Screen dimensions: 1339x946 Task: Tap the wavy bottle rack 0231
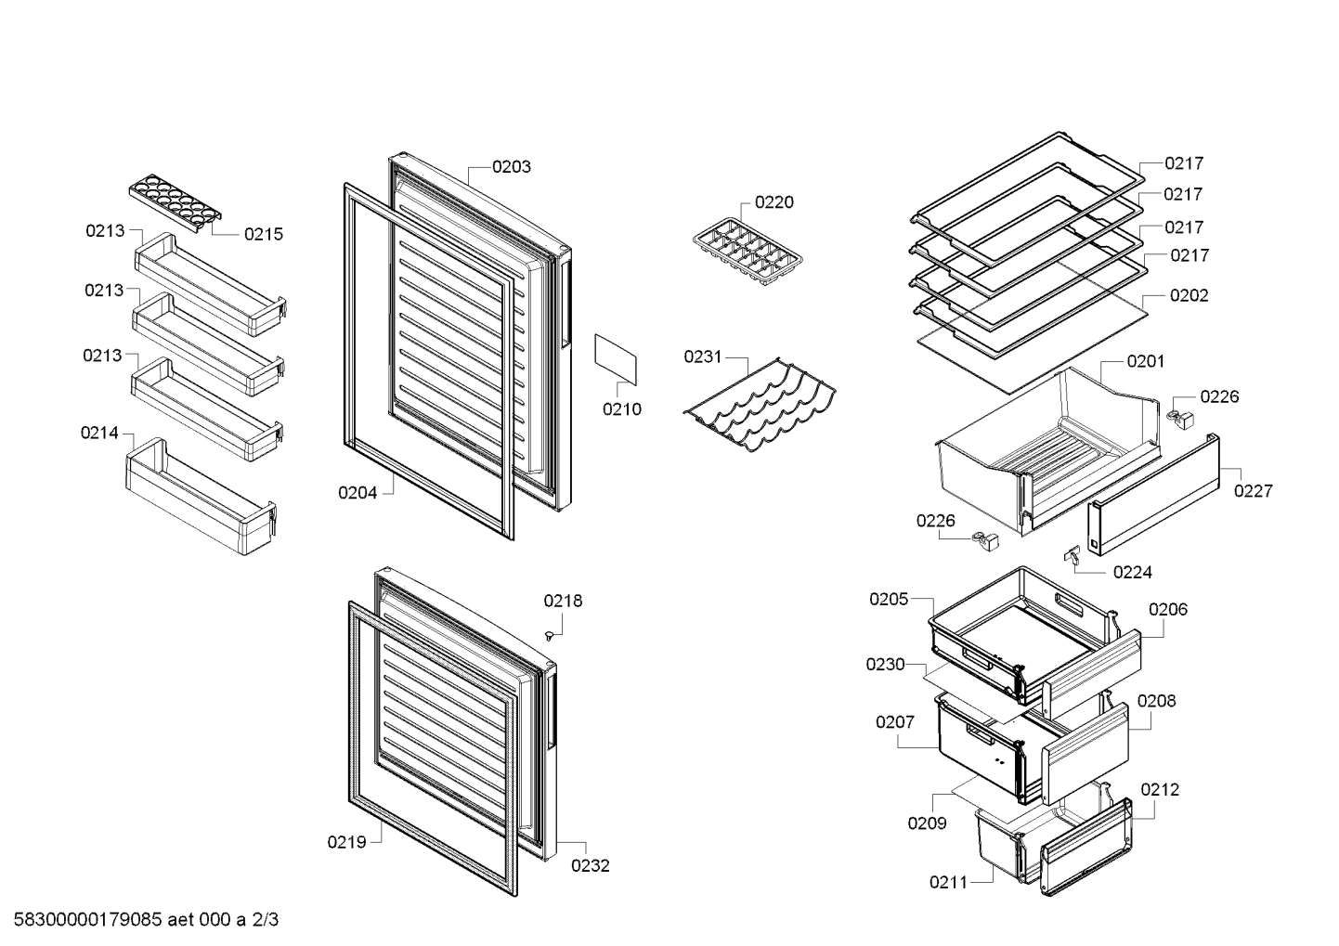click(760, 405)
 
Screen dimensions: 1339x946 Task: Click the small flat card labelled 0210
click(616, 360)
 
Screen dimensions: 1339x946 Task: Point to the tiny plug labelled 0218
click(548, 637)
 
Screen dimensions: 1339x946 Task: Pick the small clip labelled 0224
click(1072, 554)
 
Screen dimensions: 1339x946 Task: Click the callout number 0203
click(511, 167)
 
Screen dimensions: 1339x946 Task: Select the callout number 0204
click(357, 493)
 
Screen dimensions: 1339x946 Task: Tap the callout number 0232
click(590, 866)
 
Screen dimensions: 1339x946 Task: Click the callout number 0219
click(346, 843)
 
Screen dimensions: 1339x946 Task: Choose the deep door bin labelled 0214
click(201, 497)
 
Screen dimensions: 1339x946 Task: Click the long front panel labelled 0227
click(1153, 495)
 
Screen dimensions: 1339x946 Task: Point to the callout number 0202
click(1189, 296)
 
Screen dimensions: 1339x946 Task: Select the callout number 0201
click(1145, 361)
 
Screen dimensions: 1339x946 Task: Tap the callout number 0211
click(949, 882)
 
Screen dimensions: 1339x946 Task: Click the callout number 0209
click(927, 823)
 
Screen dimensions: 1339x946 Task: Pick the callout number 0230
click(885, 665)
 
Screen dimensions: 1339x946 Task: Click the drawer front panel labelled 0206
click(1091, 673)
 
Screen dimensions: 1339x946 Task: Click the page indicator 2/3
click(266, 920)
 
